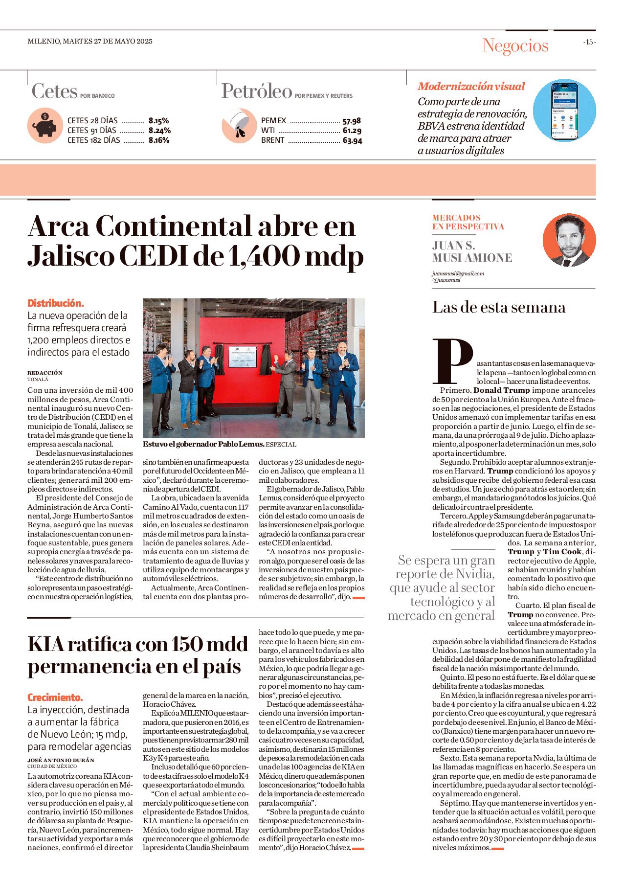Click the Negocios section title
(x=515, y=45)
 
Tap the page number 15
(x=589, y=42)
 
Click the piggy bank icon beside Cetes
(x=45, y=126)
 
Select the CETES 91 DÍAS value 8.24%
(x=159, y=131)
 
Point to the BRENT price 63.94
(x=352, y=141)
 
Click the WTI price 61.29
(x=352, y=131)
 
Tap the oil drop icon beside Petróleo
(x=239, y=126)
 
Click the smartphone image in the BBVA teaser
(x=564, y=111)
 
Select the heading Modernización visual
(x=471, y=87)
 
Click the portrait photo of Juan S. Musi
(x=569, y=241)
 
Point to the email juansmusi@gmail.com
(x=458, y=273)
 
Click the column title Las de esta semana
(x=499, y=307)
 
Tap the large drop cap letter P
(x=453, y=361)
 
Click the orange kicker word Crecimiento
(x=55, y=698)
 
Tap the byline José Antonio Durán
(x=61, y=760)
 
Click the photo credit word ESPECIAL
(x=281, y=445)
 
